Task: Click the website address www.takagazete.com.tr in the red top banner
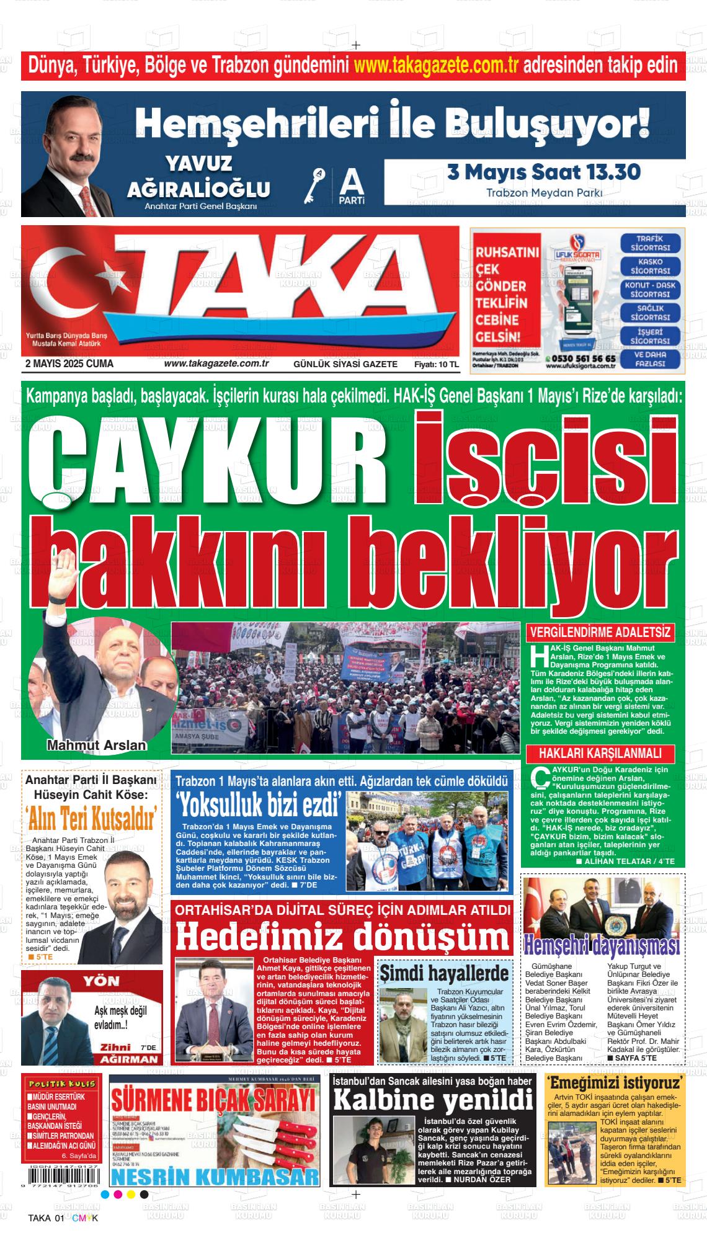tap(436, 65)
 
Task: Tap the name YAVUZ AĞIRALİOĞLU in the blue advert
tap(198, 176)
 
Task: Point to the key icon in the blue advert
tap(316, 184)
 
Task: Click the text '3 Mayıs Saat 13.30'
tap(544, 172)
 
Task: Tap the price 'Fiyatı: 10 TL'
tap(437, 365)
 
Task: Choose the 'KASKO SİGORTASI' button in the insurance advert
tap(650, 267)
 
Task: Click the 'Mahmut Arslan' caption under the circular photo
tap(97, 746)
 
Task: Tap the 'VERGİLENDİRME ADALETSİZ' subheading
tap(600, 633)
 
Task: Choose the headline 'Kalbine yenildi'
tap(433, 1100)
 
